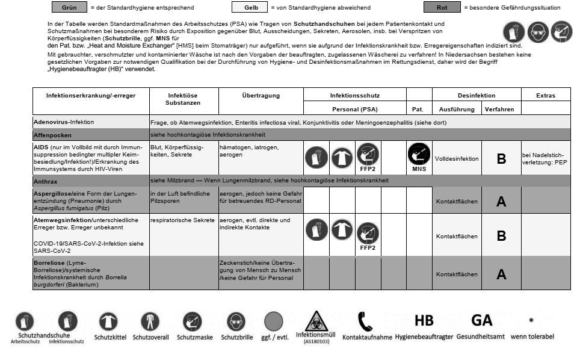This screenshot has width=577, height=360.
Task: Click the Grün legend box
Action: click(69, 8)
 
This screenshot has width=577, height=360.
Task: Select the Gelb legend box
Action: click(248, 8)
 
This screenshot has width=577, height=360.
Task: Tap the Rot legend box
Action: click(441, 8)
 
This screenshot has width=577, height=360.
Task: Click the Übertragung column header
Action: click(261, 96)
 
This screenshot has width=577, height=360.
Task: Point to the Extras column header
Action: click(546, 96)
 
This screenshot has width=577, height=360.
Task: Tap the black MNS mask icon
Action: click(418, 156)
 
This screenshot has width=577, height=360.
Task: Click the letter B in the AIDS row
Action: click(501, 160)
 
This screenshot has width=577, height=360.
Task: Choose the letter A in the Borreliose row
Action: click(501, 275)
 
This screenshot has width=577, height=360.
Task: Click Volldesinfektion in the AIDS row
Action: click(457, 160)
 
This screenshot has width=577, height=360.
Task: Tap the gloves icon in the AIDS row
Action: click(316, 158)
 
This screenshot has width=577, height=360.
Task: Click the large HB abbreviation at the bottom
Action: click(424, 320)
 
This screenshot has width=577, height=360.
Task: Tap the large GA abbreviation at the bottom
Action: click(481, 320)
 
